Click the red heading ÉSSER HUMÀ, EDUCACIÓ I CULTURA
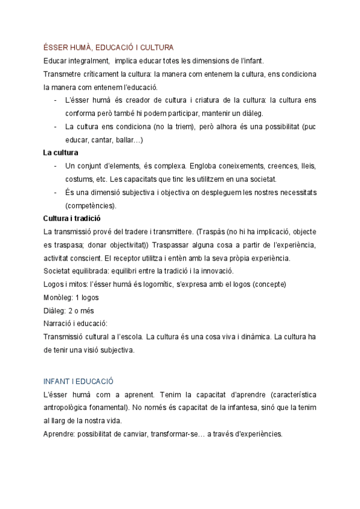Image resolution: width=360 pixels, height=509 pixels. tap(108, 47)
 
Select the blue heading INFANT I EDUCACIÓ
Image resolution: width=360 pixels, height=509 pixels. tap(79, 382)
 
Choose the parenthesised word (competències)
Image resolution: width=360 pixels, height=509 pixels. tap(91, 205)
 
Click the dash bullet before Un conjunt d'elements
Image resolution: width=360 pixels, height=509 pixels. tap(56, 166)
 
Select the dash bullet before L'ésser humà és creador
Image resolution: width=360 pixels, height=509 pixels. tap(56, 100)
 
